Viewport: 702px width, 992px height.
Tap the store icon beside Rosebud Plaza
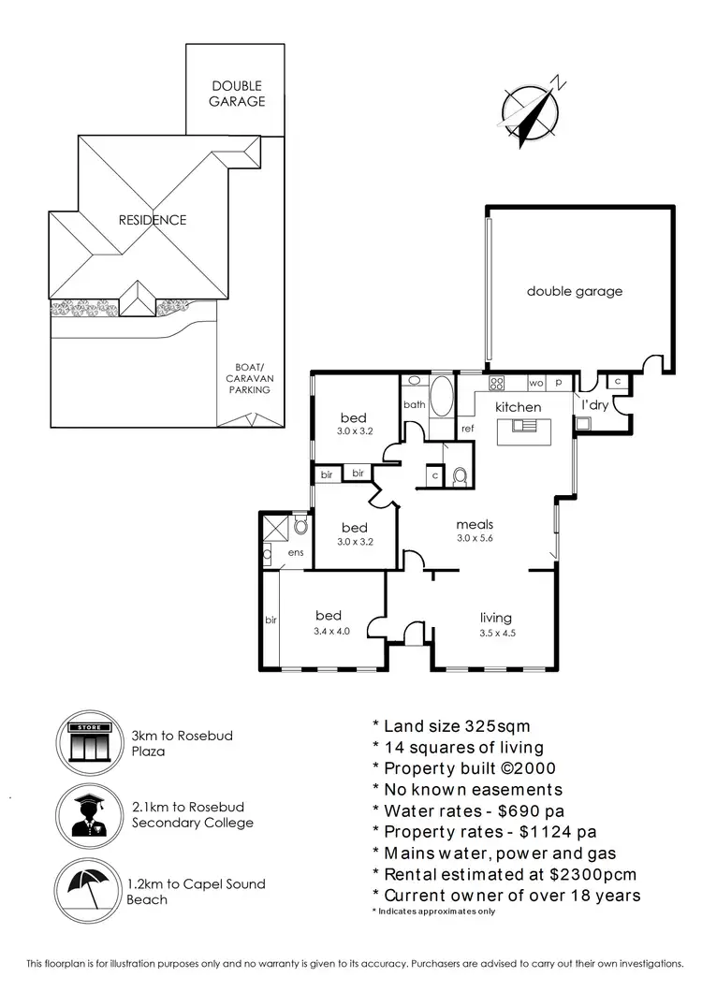tap(90, 744)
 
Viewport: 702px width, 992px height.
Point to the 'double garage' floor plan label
tap(574, 291)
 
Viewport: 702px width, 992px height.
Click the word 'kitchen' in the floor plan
tap(518, 407)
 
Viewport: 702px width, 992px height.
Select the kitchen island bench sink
tap(525, 427)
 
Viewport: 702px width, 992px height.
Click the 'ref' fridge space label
tap(467, 429)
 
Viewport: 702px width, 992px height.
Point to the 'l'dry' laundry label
tap(594, 405)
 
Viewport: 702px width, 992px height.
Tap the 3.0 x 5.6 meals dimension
tap(475, 538)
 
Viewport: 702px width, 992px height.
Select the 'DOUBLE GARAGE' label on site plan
tap(237, 94)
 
